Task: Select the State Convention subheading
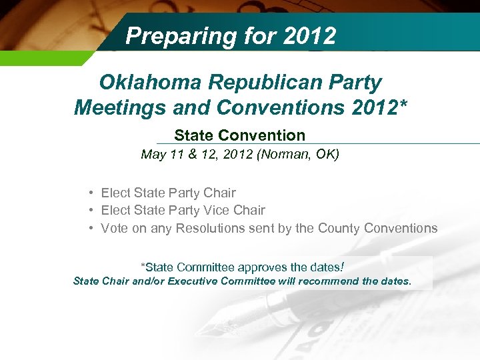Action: [x=239, y=135]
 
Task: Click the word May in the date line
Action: [x=153, y=155]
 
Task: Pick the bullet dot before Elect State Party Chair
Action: [x=89, y=193]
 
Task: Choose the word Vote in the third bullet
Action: [x=115, y=228]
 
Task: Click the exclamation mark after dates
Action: [x=343, y=267]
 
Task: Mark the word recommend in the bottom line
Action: [x=328, y=281]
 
